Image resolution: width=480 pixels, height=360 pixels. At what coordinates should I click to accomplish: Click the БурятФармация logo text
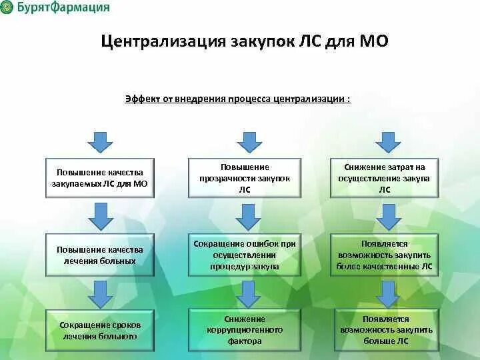tap(64, 8)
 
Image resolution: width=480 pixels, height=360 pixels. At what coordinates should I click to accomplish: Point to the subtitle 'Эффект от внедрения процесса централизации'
tap(237, 99)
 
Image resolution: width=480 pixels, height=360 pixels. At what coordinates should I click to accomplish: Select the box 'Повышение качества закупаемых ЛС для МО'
tap(100, 178)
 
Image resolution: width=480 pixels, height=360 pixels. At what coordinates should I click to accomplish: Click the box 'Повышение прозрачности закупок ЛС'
tap(245, 178)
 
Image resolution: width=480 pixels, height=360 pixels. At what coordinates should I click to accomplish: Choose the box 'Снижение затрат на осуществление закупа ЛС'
tap(385, 178)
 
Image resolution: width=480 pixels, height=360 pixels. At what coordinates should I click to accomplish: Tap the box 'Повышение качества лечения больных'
tap(100, 255)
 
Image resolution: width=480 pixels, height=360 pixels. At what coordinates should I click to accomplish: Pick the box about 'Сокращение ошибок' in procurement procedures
tap(245, 255)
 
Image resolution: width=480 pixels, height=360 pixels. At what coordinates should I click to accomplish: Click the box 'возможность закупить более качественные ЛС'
tap(385, 255)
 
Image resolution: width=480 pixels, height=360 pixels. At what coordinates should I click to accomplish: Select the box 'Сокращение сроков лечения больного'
tap(100, 331)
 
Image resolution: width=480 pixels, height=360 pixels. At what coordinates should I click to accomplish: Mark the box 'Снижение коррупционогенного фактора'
tap(245, 330)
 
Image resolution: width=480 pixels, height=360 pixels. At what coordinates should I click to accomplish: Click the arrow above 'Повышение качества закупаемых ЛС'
tap(100, 141)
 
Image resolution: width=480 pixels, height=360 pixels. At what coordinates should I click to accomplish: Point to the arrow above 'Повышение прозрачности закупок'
tap(249, 141)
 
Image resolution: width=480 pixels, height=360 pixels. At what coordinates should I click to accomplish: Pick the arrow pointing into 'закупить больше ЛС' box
tap(387, 292)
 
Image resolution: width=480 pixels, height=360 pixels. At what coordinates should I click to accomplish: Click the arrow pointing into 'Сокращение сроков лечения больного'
tap(101, 292)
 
